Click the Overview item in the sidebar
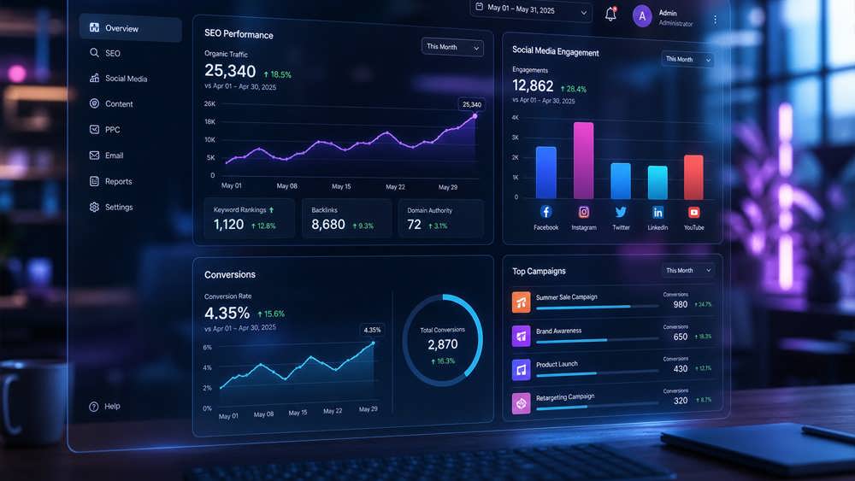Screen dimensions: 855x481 (130, 28)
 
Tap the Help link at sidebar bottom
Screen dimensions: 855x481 (104, 407)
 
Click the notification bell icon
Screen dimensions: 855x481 (610, 14)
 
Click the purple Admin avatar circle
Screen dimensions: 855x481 (642, 16)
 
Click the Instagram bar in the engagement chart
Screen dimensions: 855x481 (583, 161)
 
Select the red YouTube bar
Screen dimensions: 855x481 (693, 177)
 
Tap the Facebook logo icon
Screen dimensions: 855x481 (545, 211)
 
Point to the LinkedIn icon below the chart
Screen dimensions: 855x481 (657, 213)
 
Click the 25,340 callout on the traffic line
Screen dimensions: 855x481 (472, 104)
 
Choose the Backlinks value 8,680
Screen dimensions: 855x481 (328, 225)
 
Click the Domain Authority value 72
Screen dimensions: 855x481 (415, 225)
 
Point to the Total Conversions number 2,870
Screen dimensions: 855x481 (443, 344)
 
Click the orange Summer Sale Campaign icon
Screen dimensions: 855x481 (522, 302)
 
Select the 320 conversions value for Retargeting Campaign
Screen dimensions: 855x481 (681, 401)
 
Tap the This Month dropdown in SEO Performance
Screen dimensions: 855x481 (452, 47)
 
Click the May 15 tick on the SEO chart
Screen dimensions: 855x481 (341, 186)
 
